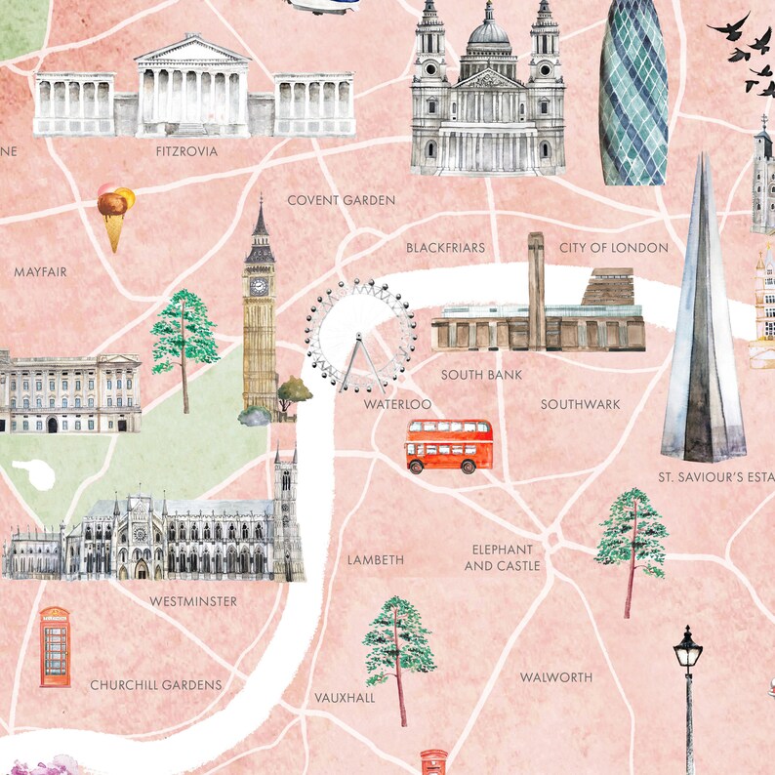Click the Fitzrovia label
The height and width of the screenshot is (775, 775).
[x=186, y=152]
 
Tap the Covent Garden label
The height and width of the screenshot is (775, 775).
[x=341, y=200]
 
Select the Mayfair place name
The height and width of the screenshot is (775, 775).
[x=40, y=272]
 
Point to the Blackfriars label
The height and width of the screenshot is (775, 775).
[x=445, y=248]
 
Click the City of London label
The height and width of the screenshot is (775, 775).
[x=613, y=248]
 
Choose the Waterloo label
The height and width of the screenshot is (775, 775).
[x=397, y=404]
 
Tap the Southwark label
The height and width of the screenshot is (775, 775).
[x=580, y=404]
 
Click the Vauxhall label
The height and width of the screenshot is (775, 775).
[x=345, y=698]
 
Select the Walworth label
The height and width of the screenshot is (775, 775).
[x=555, y=677]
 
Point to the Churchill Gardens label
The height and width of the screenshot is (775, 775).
[x=156, y=685]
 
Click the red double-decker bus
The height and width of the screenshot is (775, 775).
[x=449, y=445]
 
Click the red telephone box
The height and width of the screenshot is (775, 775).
[x=55, y=646]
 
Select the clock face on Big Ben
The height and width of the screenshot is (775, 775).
[x=259, y=286]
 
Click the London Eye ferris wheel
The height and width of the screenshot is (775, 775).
[x=359, y=335]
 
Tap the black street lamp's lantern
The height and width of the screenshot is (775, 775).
[x=688, y=650]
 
